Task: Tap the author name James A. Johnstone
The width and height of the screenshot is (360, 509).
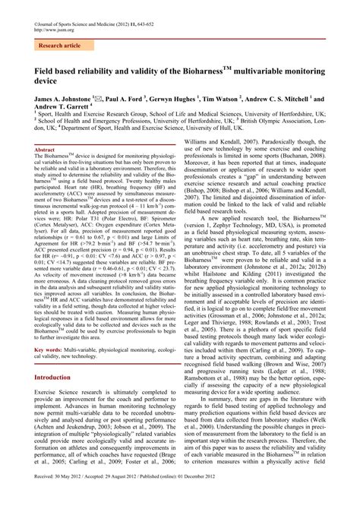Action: [x=62, y=100]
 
